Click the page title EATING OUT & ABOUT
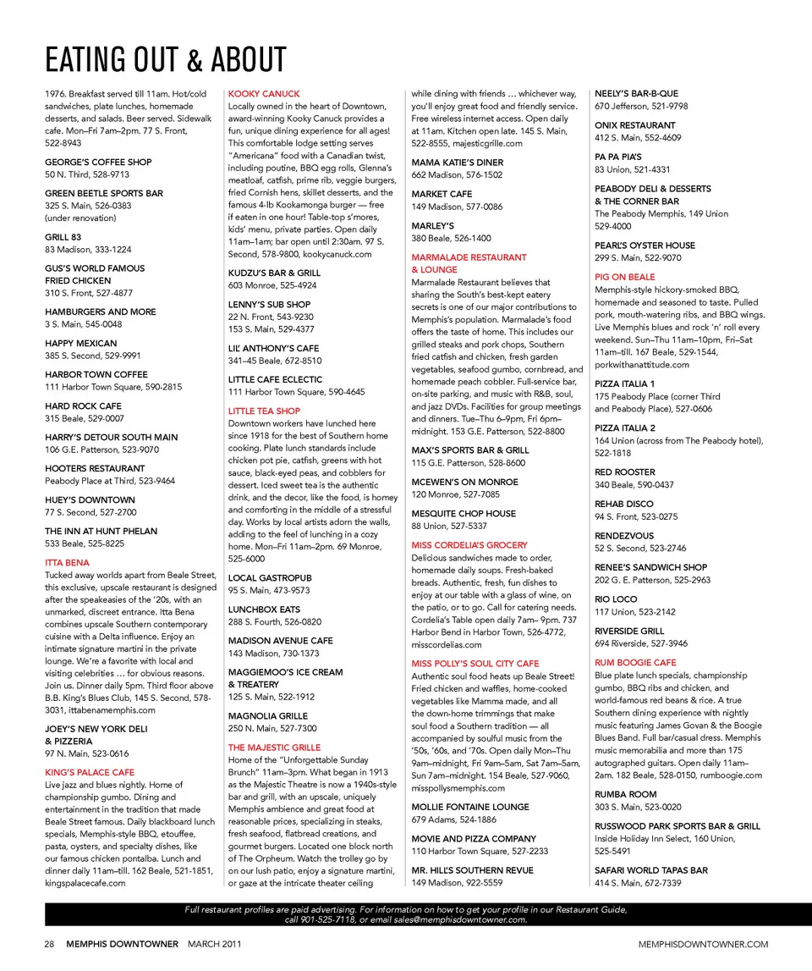pyautogui.click(x=166, y=60)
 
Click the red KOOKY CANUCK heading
pyautogui.click(x=264, y=94)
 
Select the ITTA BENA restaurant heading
pyautogui.click(x=67, y=563)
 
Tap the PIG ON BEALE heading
pyautogui.click(x=624, y=277)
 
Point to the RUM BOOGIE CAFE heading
pyautogui.click(x=635, y=663)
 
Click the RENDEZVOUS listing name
pyautogui.click(x=624, y=536)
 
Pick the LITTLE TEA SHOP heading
pyautogui.click(x=264, y=411)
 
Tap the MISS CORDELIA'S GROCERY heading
pyautogui.click(x=469, y=545)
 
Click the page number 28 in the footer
pyautogui.click(x=51, y=944)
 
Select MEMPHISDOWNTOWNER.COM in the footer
pyautogui.click(x=704, y=944)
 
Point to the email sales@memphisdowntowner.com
pyautogui.click(x=460, y=919)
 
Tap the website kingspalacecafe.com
pyautogui.click(x=85, y=883)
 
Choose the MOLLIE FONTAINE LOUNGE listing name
pyautogui.click(x=470, y=807)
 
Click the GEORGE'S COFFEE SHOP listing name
pyautogui.click(x=98, y=162)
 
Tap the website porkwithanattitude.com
pyautogui.click(x=642, y=365)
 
